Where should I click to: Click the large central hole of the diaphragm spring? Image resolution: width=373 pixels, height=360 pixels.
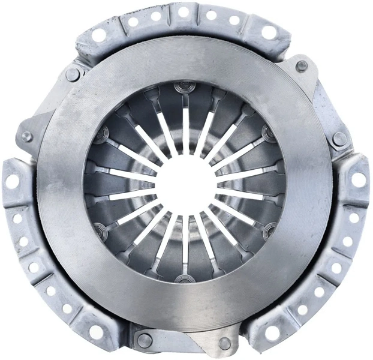coord(186,182)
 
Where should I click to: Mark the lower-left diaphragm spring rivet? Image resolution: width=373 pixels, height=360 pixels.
coord(100,230)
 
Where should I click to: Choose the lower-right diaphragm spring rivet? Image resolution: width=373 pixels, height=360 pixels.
coord(270,230)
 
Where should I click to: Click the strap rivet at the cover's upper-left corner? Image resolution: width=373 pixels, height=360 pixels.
coord(73,74)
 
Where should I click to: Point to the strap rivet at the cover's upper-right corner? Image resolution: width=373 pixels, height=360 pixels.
coord(302,65)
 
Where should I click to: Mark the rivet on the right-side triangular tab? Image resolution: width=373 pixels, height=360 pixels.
coord(340,139)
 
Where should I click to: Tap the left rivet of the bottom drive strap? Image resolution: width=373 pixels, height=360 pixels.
coord(145,340)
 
